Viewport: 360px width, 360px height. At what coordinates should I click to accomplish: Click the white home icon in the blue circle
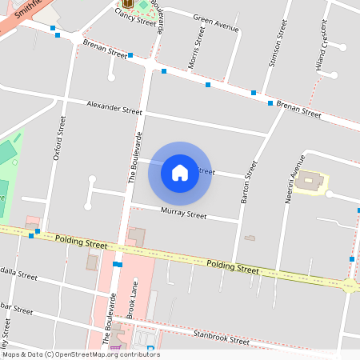pyautogui.click(x=180, y=173)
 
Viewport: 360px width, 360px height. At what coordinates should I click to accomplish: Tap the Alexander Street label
pyautogui.click(x=114, y=107)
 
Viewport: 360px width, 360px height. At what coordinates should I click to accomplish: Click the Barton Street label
pyautogui.click(x=249, y=182)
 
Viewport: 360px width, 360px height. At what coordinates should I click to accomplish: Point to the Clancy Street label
pyautogui.click(x=135, y=16)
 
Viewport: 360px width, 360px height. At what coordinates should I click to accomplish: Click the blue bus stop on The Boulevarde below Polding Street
pyautogui.click(x=118, y=264)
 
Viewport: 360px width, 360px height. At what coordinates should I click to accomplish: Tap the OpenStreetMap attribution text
pyautogui.click(x=81, y=354)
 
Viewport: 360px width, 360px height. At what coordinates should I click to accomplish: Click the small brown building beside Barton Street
pyautogui.click(x=250, y=238)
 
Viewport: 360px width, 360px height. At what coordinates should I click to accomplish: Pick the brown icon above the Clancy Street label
pyautogui.click(x=127, y=3)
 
